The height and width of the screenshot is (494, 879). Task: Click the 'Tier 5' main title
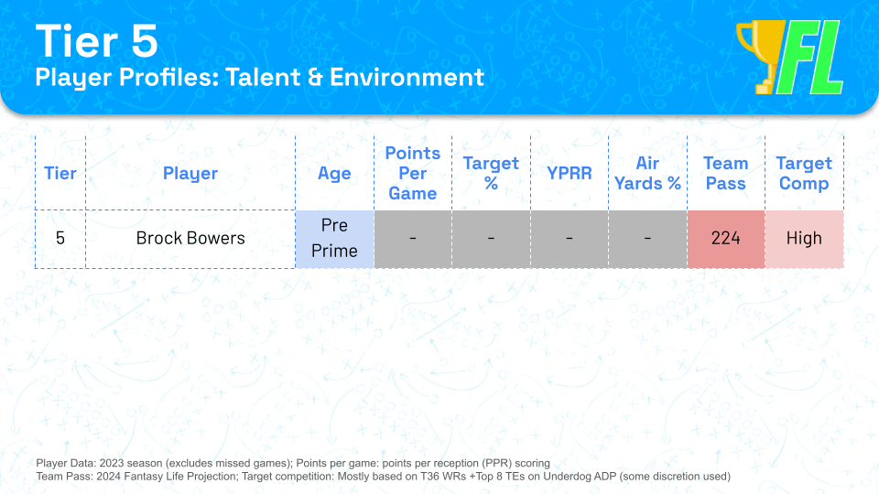pyautogui.click(x=96, y=41)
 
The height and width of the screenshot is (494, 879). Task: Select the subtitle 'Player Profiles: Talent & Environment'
pyautogui.click(x=259, y=77)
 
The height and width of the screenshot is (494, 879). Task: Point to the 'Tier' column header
pyautogui.click(x=60, y=173)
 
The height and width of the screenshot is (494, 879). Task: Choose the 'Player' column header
pyautogui.click(x=190, y=173)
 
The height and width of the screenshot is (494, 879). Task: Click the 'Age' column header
pyautogui.click(x=334, y=174)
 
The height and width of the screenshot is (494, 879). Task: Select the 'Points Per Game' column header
pyautogui.click(x=413, y=173)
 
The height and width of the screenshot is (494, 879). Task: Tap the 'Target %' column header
pyautogui.click(x=491, y=173)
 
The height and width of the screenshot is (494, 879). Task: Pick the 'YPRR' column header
pyautogui.click(x=569, y=173)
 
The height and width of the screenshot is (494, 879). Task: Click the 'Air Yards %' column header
pyautogui.click(x=647, y=173)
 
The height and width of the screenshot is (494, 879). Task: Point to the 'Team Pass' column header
pyautogui.click(x=726, y=173)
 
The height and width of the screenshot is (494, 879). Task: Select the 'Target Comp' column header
pyautogui.click(x=804, y=173)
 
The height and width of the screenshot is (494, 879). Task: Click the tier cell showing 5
pyautogui.click(x=60, y=239)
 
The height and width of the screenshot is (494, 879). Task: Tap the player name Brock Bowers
pyautogui.click(x=190, y=239)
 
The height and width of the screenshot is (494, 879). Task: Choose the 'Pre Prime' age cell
pyautogui.click(x=335, y=239)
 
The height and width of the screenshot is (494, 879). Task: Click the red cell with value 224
pyautogui.click(x=726, y=239)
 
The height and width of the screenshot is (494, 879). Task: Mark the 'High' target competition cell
pyautogui.click(x=804, y=239)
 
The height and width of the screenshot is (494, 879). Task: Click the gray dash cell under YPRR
pyautogui.click(x=569, y=239)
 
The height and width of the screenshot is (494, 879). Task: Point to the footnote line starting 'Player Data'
pyautogui.click(x=293, y=463)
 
